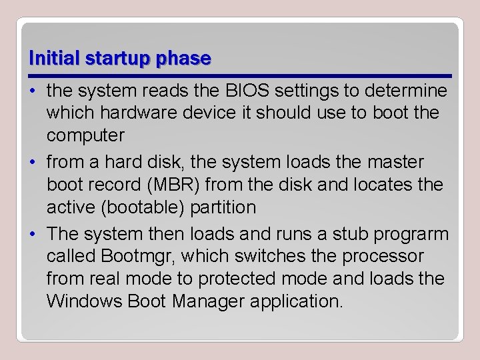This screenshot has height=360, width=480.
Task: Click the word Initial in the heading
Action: coord(54,59)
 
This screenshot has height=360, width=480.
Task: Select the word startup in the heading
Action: coord(117,59)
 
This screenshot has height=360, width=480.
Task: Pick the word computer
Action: coord(85,135)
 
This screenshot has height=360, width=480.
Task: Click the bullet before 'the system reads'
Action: coord(33,91)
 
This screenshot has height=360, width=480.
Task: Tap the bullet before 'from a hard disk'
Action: coord(33,163)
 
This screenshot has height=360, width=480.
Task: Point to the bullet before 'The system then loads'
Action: coord(33,235)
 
